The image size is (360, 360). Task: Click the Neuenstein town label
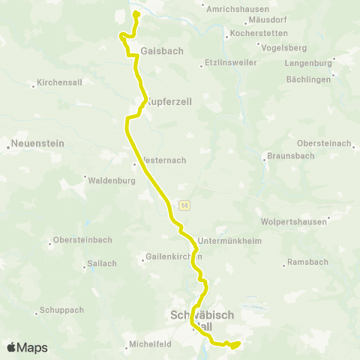(35, 142)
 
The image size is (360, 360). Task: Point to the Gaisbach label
(157, 51)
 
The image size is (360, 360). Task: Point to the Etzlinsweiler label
(228, 65)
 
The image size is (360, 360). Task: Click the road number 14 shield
(184, 205)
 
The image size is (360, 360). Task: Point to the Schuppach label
(61, 310)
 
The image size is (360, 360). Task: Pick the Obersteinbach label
(83, 240)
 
